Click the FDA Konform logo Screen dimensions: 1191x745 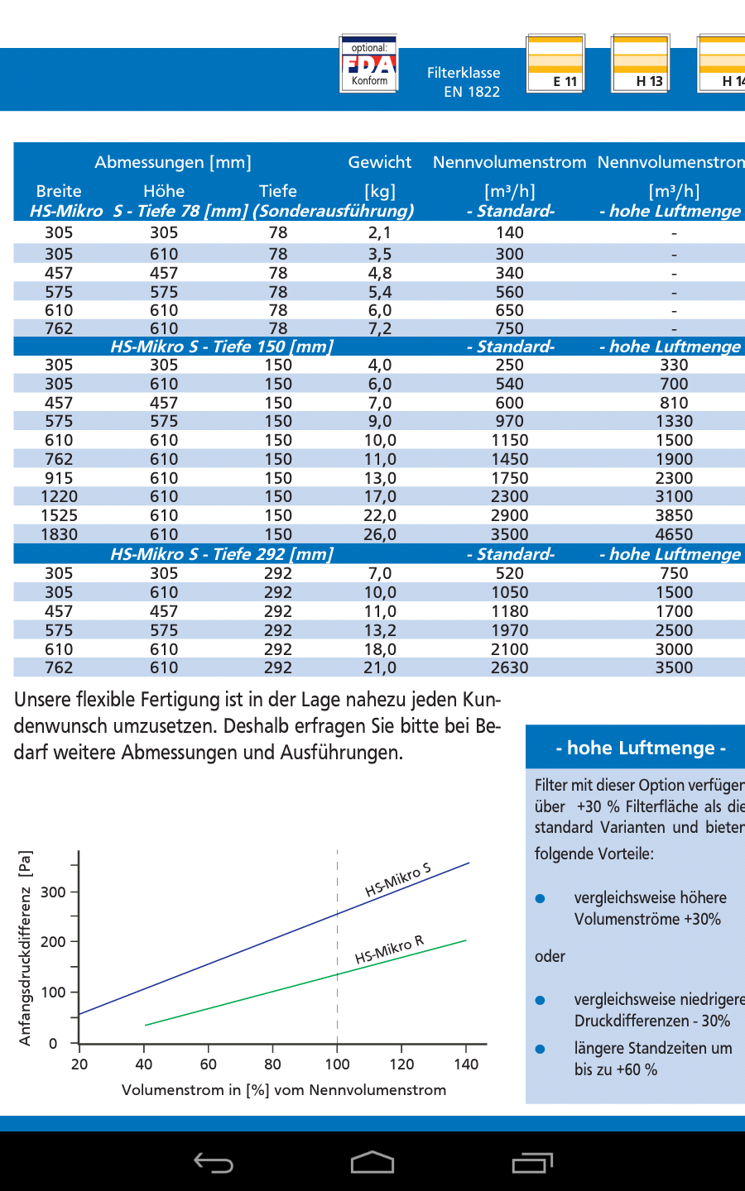click(369, 64)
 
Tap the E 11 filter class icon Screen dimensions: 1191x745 click(555, 63)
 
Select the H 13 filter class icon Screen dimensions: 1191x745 click(640, 63)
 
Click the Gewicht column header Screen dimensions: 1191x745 click(380, 162)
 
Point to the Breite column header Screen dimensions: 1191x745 click(59, 191)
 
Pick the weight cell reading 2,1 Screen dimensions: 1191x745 click(380, 233)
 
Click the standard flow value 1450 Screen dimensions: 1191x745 click(509, 459)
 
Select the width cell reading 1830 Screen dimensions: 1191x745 click(59, 534)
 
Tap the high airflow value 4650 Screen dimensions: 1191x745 click(674, 534)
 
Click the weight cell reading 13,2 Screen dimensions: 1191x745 click(380, 630)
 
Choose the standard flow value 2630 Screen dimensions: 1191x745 click(509, 667)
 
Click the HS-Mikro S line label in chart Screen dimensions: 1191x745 click(398, 880)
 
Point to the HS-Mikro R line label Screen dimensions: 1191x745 click(389, 950)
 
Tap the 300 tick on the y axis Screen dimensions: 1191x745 click(53, 892)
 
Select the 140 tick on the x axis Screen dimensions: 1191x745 click(466, 1064)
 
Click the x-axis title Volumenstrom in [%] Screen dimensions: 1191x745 click(284, 1090)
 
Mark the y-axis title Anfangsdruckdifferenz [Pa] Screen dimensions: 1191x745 click(26, 948)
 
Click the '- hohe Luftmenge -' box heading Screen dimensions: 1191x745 click(641, 748)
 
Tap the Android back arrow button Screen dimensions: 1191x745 click(214, 1163)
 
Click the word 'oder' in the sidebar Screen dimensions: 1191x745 click(550, 956)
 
